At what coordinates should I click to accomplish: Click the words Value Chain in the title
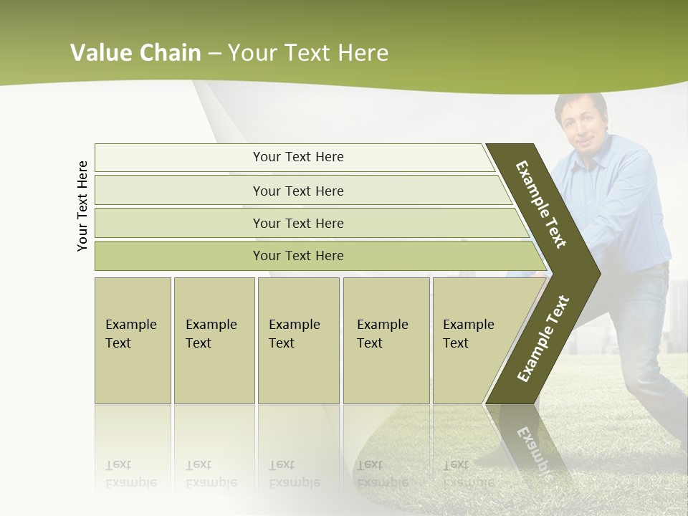pyautogui.click(x=135, y=53)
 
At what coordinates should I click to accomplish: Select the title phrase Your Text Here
pyautogui.click(x=308, y=53)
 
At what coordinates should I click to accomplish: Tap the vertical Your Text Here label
pyautogui.click(x=82, y=206)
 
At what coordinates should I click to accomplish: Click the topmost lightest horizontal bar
pyautogui.click(x=298, y=157)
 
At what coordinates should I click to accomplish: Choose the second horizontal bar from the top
pyautogui.click(x=298, y=191)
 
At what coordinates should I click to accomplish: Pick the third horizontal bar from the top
pyautogui.click(x=298, y=223)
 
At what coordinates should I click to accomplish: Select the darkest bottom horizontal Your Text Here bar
pyautogui.click(x=298, y=256)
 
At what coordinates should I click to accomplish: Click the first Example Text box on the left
pyautogui.click(x=133, y=340)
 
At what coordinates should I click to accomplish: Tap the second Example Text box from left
pyautogui.click(x=214, y=340)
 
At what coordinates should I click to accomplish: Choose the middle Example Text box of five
pyautogui.click(x=298, y=340)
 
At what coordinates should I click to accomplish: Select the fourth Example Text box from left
pyautogui.click(x=386, y=340)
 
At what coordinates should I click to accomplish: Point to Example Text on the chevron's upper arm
pyautogui.click(x=541, y=204)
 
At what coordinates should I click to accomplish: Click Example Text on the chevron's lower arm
pyautogui.click(x=543, y=339)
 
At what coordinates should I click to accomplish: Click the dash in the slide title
pyautogui.click(x=214, y=54)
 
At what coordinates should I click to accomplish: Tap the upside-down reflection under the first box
pyautogui.click(x=131, y=474)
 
